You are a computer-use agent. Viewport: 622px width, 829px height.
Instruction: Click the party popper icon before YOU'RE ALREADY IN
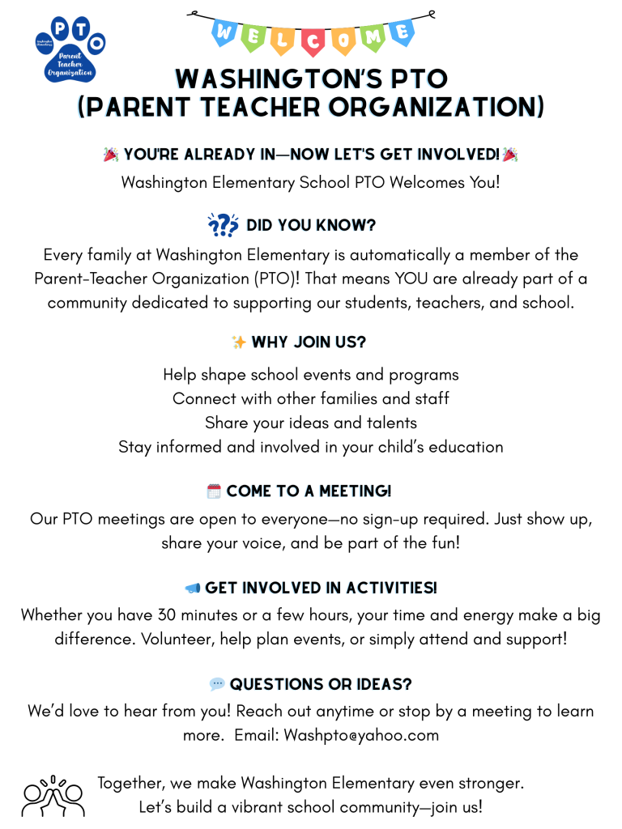coord(111,155)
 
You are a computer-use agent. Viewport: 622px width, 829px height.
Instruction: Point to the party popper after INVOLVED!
coord(510,155)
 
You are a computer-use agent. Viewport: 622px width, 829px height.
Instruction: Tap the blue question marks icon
coord(223,225)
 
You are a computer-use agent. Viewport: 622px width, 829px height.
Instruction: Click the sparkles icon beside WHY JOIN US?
coord(239,342)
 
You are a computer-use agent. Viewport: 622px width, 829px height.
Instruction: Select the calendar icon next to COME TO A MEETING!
coord(214,491)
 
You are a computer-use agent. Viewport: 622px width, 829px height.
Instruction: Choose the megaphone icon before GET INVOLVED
coord(193,588)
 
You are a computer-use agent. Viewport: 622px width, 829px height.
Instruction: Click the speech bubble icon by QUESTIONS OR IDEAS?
coord(217,684)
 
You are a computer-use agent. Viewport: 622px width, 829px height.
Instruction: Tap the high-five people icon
coord(53,795)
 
